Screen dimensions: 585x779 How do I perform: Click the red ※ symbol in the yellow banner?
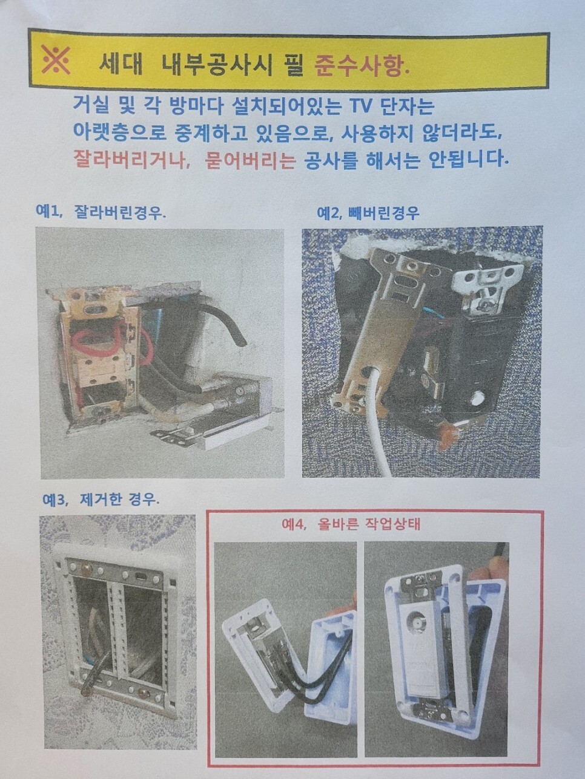(x=56, y=60)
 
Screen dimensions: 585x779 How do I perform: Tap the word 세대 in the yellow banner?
(x=120, y=65)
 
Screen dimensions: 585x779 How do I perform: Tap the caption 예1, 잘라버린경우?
(x=101, y=213)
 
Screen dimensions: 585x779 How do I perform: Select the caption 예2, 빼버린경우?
(x=368, y=213)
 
